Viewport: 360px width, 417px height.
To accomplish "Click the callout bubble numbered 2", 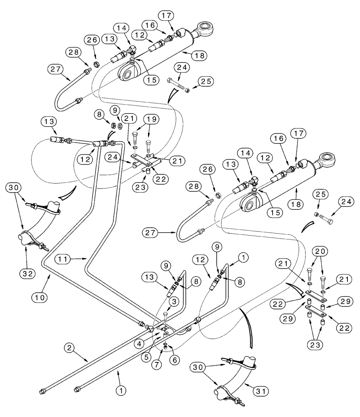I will point(70,347).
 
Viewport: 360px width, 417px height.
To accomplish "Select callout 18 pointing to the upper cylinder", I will point(199,55).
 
